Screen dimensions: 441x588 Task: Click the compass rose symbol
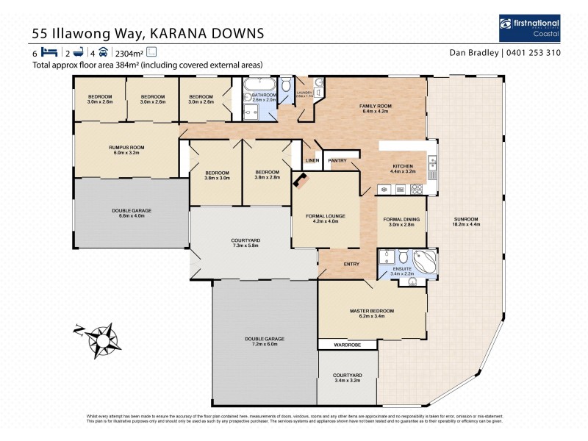[x=99, y=337]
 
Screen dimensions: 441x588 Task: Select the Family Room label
[x=375, y=107]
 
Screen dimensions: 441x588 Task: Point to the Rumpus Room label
[x=126, y=147]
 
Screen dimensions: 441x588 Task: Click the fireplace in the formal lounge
[x=301, y=180]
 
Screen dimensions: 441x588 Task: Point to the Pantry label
[x=337, y=160]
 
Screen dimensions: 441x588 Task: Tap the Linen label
[x=312, y=160]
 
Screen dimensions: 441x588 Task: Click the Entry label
[x=351, y=264]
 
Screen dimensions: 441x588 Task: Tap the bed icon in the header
[x=48, y=53]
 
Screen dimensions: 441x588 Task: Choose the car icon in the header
[x=104, y=53]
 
